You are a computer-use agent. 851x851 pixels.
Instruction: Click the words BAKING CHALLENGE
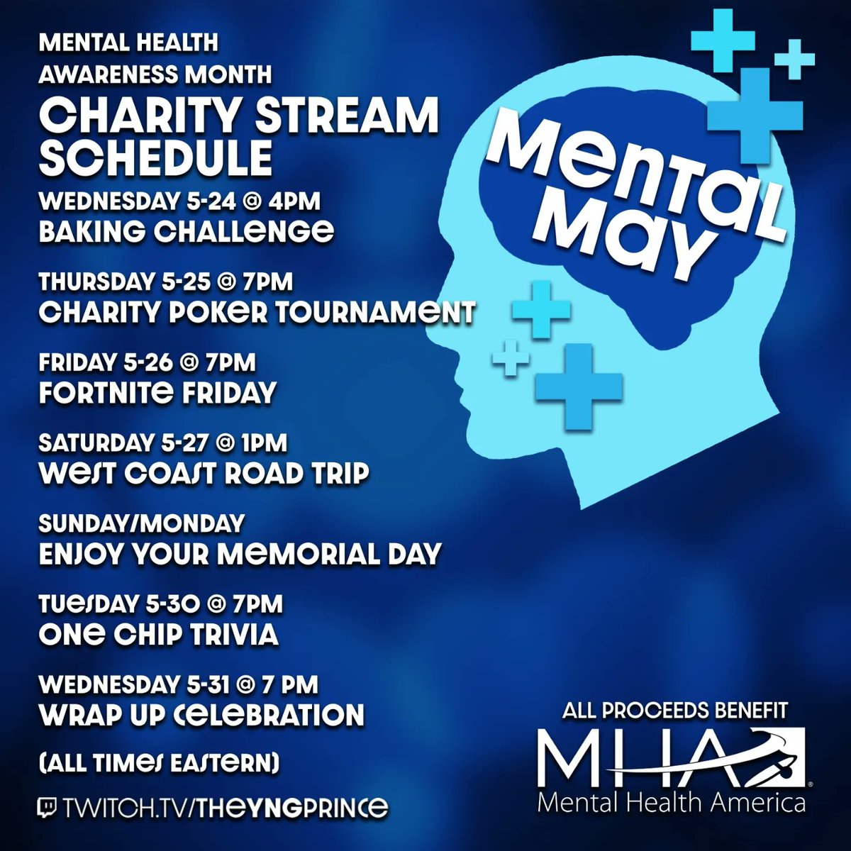[186, 231]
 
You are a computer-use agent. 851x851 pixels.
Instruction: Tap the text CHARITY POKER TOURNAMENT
[256, 313]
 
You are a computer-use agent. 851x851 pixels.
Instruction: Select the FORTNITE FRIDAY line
[157, 392]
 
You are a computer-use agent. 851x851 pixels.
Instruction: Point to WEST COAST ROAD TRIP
[204, 473]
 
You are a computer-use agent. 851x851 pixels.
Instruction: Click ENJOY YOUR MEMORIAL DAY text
[240, 553]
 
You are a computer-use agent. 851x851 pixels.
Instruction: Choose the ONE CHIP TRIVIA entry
[158, 634]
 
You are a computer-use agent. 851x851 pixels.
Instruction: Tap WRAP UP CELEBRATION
[201, 714]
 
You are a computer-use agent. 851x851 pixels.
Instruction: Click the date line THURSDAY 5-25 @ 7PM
[165, 282]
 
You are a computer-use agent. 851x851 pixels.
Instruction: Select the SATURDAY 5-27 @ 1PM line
[162, 443]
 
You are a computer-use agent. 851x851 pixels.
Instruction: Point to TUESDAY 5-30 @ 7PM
[161, 604]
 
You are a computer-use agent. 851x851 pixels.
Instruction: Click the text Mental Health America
[671, 803]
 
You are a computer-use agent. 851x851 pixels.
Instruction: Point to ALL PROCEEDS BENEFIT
[674, 711]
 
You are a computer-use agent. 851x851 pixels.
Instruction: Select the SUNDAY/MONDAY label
[141, 523]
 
